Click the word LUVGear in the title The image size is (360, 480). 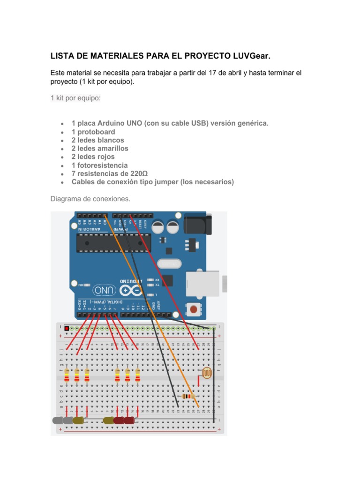(x=251, y=56)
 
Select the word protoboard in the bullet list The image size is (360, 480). (x=96, y=132)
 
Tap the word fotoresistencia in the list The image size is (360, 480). (x=102, y=165)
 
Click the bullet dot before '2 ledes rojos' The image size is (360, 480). (x=62, y=157)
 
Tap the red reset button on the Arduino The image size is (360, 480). (x=193, y=309)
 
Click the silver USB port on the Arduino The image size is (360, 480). (x=203, y=283)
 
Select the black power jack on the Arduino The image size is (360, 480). (x=197, y=225)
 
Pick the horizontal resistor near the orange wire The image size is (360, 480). (x=188, y=397)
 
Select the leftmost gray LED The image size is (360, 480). (x=58, y=420)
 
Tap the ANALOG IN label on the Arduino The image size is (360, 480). (x=90, y=229)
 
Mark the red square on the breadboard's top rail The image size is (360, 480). (x=67, y=328)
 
